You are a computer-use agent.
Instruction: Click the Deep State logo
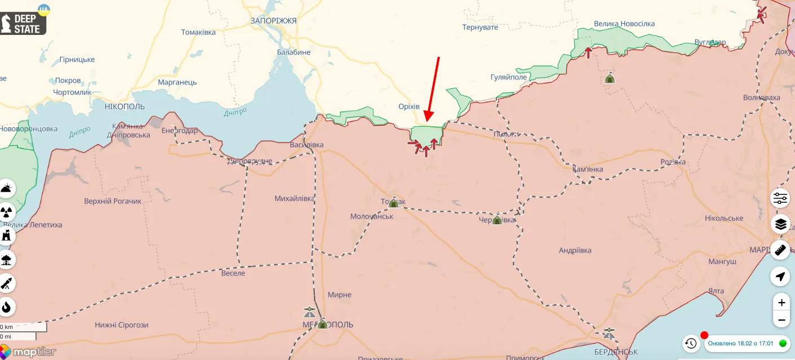[x=24, y=21]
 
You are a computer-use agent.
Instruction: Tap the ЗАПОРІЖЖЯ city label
[x=273, y=20]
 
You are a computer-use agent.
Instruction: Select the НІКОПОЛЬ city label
[x=124, y=106]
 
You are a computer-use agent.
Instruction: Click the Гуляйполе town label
[x=508, y=77]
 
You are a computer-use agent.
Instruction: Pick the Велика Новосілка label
[x=624, y=24]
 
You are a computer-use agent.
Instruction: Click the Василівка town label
[x=307, y=145]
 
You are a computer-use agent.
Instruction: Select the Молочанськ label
[x=372, y=216]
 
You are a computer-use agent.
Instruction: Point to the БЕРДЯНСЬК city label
[x=616, y=352]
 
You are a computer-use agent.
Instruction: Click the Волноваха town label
[x=761, y=97]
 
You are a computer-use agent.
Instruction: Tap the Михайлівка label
[x=294, y=198]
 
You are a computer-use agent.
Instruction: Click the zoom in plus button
[x=781, y=303]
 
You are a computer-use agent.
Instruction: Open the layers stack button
[x=780, y=224]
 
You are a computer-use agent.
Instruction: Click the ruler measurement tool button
[x=780, y=250]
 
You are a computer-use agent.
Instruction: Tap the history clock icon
[x=691, y=343]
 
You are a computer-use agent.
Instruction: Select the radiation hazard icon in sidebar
[x=7, y=212]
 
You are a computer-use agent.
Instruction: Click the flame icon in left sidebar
[x=7, y=307]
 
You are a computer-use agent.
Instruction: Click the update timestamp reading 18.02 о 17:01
[x=740, y=343]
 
